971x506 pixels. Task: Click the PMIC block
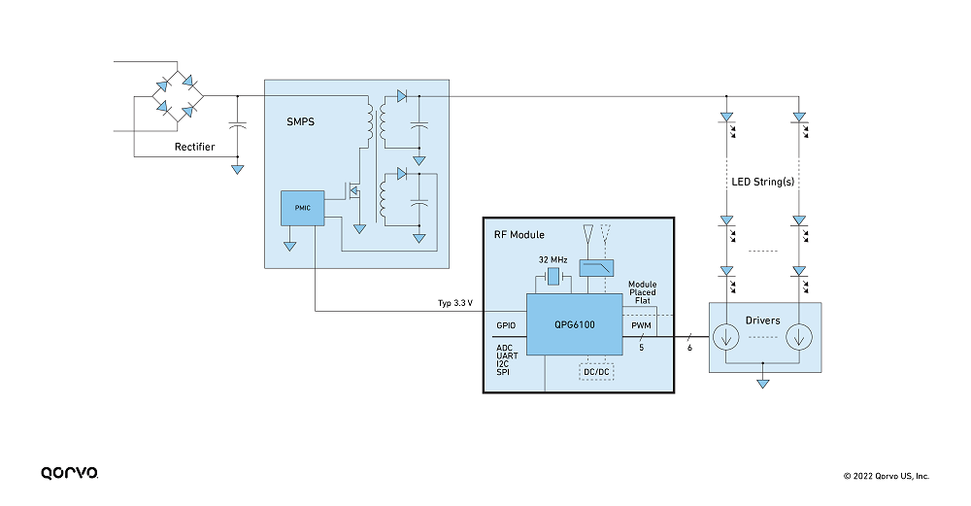click(x=302, y=208)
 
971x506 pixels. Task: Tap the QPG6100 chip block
click(x=574, y=324)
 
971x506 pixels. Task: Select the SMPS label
click(x=300, y=122)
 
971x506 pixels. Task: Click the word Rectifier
click(x=194, y=147)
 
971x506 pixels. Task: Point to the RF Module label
click(x=519, y=235)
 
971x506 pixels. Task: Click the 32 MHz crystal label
click(x=553, y=260)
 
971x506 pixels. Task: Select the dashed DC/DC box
click(x=596, y=372)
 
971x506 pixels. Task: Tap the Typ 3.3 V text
click(x=455, y=303)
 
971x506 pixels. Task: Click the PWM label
click(x=641, y=325)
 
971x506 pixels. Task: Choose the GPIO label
click(x=506, y=325)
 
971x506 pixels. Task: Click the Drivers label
click(x=762, y=320)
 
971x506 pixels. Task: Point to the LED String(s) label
click(x=763, y=182)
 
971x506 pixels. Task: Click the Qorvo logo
click(x=69, y=473)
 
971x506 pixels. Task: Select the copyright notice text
click(x=887, y=476)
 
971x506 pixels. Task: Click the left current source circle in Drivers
click(x=725, y=338)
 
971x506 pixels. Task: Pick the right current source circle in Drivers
click(x=799, y=338)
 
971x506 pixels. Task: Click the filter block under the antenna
click(x=596, y=267)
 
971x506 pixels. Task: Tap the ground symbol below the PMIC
click(x=289, y=246)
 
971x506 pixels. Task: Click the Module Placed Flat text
click(x=642, y=292)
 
